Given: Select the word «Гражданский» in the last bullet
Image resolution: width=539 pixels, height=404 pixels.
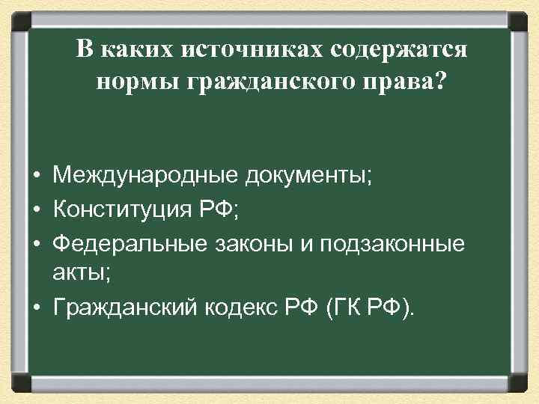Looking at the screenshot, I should [x=123, y=307].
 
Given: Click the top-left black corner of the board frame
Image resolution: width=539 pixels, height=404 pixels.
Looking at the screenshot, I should [x=19, y=18].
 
